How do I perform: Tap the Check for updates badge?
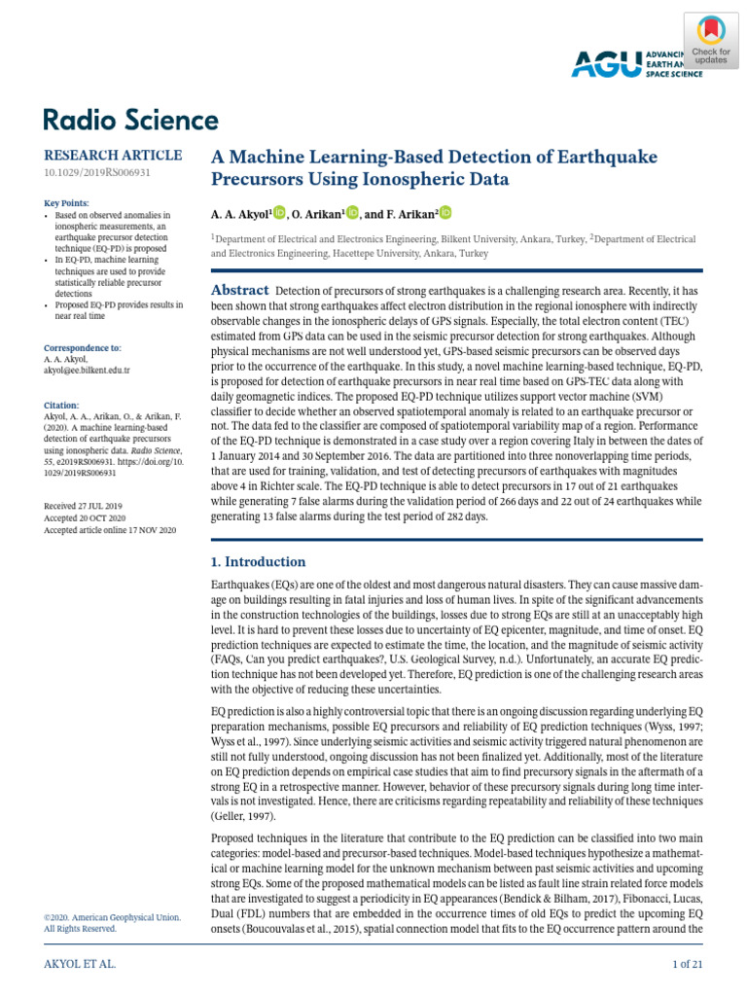[x=711, y=41]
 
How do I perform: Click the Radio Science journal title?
[x=130, y=121]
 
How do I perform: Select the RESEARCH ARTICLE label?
[x=113, y=156]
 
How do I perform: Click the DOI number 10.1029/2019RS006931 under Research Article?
[x=97, y=173]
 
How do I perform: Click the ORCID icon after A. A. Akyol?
[x=279, y=213]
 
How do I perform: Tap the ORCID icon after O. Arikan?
[x=352, y=213]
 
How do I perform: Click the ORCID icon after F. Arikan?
[x=445, y=213]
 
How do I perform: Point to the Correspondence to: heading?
[x=83, y=347]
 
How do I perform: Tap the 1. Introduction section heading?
[x=259, y=562]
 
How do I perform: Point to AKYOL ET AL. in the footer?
[x=80, y=963]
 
